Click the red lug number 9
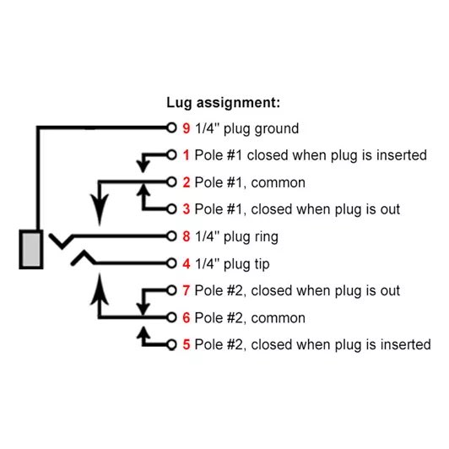187,128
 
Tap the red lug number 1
187,155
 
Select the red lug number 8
187,236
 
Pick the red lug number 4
187,263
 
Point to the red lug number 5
187,344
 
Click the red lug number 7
187,290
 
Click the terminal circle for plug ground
171,127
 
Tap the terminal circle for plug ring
171,236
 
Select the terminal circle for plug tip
171,263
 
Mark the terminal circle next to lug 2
171,181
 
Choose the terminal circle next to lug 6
171,317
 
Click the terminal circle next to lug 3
171,209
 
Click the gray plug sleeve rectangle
31,249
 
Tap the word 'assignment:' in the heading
238,103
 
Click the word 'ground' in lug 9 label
277,129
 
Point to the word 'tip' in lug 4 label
261,264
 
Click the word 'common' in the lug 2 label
278,182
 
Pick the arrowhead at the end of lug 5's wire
143,333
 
